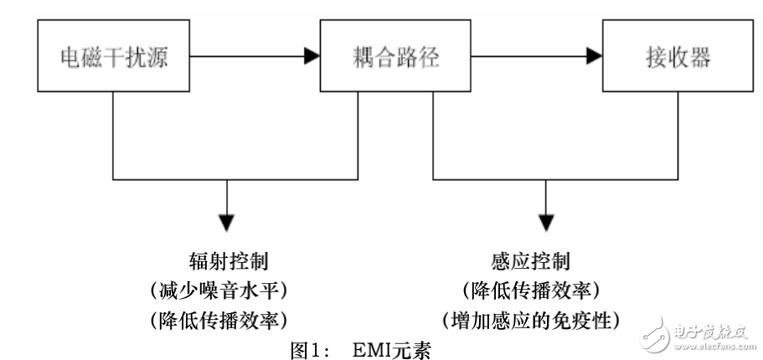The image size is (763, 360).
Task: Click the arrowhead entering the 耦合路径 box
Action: point(310,58)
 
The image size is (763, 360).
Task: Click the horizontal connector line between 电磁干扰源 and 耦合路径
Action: point(251,58)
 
